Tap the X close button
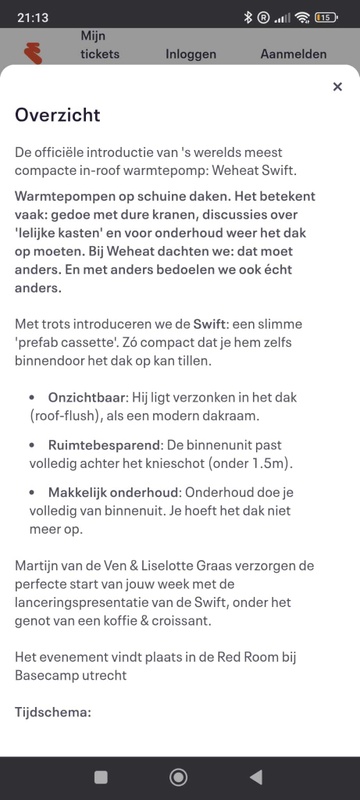pos(337,87)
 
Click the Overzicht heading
pos(57,115)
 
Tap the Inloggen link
pos(190,54)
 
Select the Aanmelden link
pos(293,54)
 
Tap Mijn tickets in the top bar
pos(100,45)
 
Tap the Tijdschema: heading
pos(53,712)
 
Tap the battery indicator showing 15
pos(325,17)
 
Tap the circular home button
pos(179,776)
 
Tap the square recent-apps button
pos(101,776)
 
